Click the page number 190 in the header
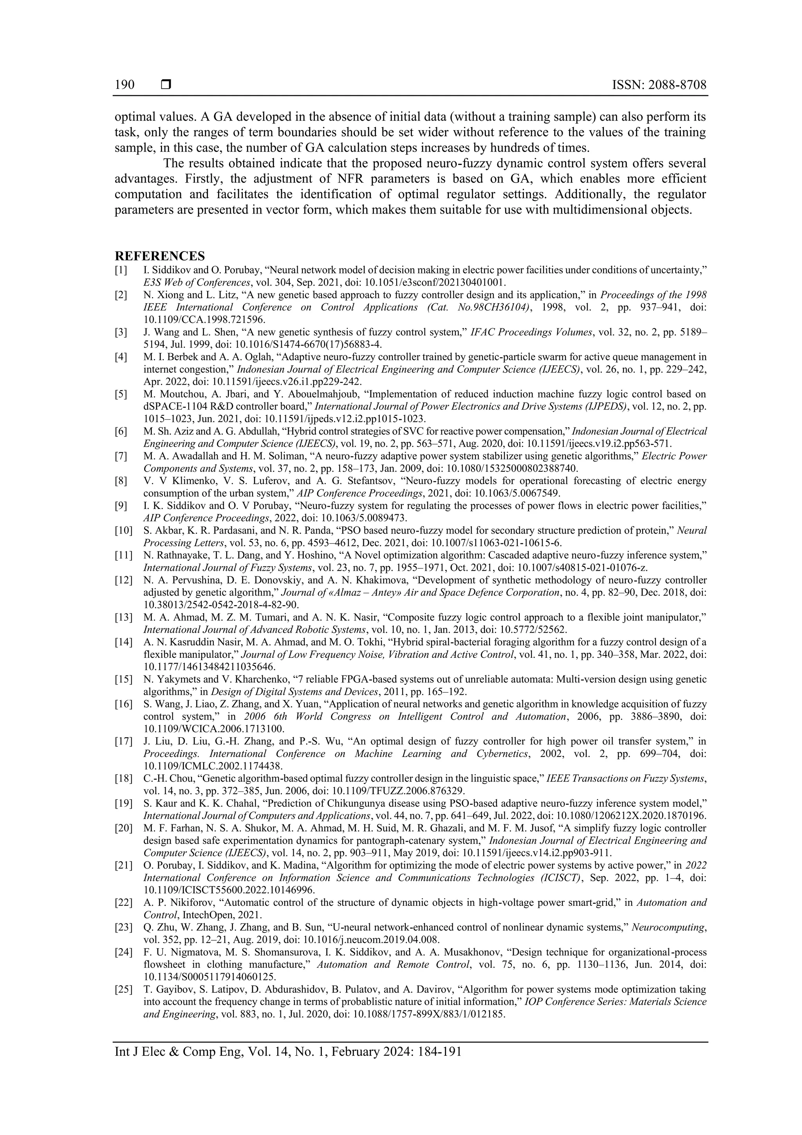click(125, 85)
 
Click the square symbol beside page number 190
click(166, 85)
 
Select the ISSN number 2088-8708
click(677, 85)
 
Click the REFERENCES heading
click(160, 256)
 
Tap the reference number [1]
click(121, 270)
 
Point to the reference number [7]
click(121, 456)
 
